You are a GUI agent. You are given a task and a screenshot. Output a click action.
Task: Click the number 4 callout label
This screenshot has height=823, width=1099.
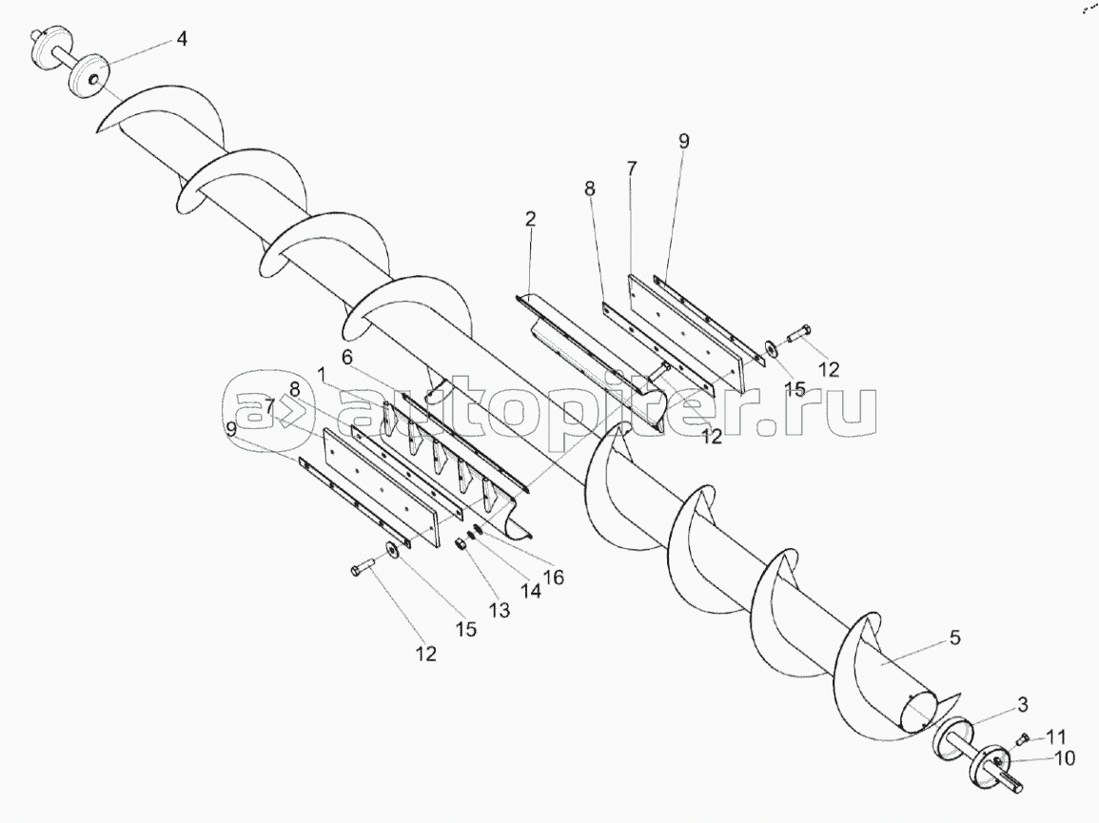(x=181, y=40)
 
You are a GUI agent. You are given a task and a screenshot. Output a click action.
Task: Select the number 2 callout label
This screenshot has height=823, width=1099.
(x=530, y=219)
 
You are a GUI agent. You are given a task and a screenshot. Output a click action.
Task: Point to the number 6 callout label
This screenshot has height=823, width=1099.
(x=347, y=356)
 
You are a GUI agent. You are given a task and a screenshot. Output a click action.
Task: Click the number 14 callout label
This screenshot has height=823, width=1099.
(x=530, y=590)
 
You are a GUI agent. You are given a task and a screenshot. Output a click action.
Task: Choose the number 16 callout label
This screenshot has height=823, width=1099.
(x=553, y=577)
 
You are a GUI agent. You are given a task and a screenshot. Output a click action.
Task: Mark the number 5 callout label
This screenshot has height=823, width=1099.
(x=954, y=637)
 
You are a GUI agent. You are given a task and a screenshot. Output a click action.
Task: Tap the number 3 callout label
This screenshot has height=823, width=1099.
(x=1022, y=705)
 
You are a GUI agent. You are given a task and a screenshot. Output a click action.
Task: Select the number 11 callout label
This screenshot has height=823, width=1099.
(x=1056, y=737)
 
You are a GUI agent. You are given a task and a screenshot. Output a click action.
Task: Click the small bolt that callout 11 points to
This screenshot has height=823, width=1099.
(x=1023, y=737)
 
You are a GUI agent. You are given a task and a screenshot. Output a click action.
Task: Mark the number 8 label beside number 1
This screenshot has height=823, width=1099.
(x=295, y=388)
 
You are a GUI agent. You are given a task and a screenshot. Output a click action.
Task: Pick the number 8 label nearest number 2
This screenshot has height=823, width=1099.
(x=590, y=189)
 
